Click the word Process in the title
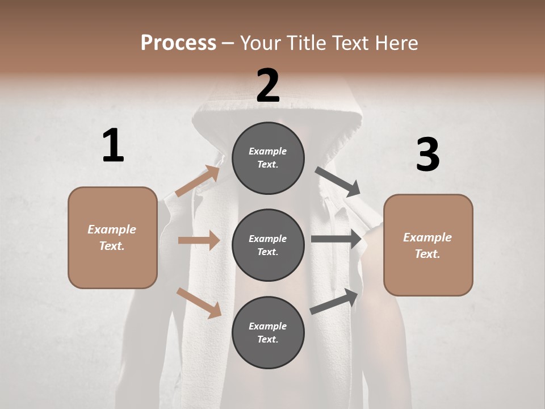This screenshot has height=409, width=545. (x=178, y=43)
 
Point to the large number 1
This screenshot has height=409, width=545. (x=113, y=146)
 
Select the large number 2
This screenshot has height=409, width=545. (x=268, y=86)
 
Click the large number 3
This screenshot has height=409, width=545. (x=427, y=155)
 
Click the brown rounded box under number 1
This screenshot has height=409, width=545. (x=112, y=237)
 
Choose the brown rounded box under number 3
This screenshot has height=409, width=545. (x=428, y=245)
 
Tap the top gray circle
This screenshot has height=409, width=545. (x=268, y=158)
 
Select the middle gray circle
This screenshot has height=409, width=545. (x=268, y=245)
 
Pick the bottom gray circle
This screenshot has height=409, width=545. (x=268, y=333)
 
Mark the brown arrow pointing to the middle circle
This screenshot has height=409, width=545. (x=199, y=240)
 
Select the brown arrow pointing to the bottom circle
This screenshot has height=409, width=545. (x=199, y=303)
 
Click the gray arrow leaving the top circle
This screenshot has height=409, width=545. (x=338, y=181)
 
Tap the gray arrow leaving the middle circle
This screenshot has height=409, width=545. (x=337, y=239)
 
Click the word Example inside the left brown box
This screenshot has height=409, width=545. (x=112, y=229)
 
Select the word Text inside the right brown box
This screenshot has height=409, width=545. (x=427, y=254)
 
